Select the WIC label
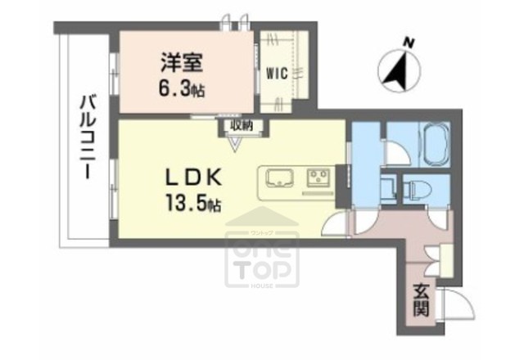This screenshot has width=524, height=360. [x=275, y=73]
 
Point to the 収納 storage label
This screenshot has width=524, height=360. [x=240, y=125]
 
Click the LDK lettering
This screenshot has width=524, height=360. [x=196, y=176]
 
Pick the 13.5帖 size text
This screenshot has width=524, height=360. [x=196, y=201]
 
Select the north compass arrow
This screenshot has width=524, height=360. [x=399, y=70]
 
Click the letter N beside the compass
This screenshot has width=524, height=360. [x=409, y=42]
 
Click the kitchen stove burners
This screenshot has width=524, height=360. [x=318, y=178]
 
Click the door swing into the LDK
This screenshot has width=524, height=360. [x=338, y=226]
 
